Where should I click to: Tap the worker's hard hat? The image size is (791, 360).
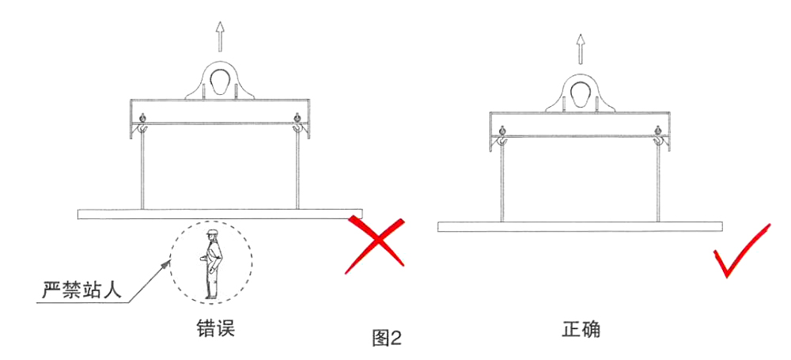[211, 233]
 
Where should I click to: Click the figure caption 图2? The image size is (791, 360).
[387, 339]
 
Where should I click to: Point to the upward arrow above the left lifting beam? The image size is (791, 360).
[219, 36]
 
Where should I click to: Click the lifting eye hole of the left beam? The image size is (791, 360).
[219, 81]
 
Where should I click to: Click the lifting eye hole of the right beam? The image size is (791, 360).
[581, 94]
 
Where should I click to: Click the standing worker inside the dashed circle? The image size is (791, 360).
[212, 264]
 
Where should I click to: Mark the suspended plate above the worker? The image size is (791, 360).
[220, 214]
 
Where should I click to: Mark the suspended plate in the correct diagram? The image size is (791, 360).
[580, 227]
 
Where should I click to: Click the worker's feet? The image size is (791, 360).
[211, 297]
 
